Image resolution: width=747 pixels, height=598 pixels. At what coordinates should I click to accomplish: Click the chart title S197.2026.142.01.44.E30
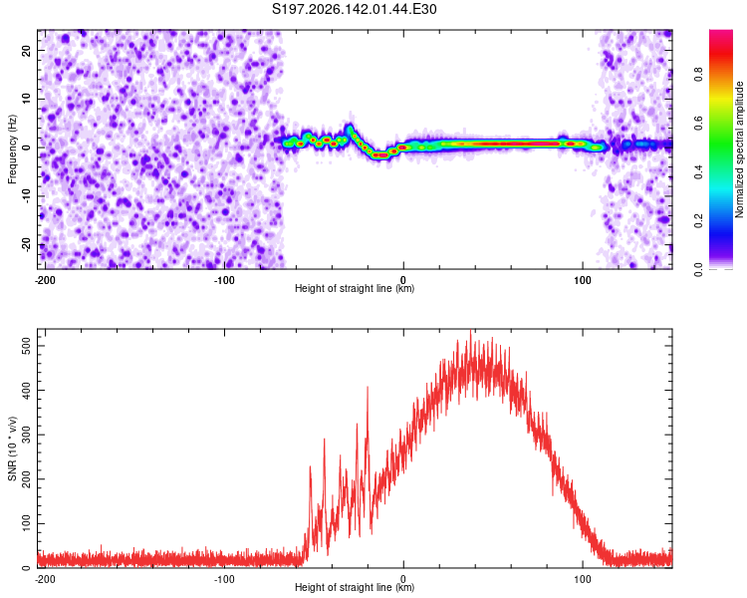354,9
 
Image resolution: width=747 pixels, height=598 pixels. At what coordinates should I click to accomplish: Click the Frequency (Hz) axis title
12,149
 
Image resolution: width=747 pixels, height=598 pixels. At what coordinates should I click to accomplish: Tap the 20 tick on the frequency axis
27,50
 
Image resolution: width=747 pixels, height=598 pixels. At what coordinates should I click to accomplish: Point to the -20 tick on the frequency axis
27,244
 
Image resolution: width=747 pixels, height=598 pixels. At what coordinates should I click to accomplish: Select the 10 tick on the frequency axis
27,99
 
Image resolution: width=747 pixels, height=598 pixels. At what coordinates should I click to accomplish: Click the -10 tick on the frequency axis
27,196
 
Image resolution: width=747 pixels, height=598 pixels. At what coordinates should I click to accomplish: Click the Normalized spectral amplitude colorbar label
739,149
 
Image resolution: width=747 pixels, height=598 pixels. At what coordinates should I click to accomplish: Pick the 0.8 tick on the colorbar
698,75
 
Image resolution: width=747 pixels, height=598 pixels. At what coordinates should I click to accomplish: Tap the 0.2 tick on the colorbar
698,221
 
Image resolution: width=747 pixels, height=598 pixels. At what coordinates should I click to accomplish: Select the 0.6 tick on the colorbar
698,123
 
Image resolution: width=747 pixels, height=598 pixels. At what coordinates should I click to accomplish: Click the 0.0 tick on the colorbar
698,269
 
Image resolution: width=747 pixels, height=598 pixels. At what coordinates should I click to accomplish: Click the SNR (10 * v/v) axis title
12,448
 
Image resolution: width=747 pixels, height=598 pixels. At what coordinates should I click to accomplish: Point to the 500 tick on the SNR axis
27,345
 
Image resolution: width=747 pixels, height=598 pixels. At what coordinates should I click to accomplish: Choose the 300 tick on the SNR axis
27,435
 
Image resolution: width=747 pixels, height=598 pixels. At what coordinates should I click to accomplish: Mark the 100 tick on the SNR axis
27,523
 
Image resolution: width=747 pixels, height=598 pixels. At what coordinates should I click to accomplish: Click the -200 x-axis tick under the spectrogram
45,280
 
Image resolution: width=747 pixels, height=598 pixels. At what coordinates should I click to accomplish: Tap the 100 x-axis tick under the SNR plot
583,579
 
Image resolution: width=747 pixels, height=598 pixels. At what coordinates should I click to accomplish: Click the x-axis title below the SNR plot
355,587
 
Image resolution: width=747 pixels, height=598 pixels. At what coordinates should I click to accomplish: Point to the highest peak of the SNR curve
471,330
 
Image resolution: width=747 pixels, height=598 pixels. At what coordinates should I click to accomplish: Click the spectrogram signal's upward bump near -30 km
350,128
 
